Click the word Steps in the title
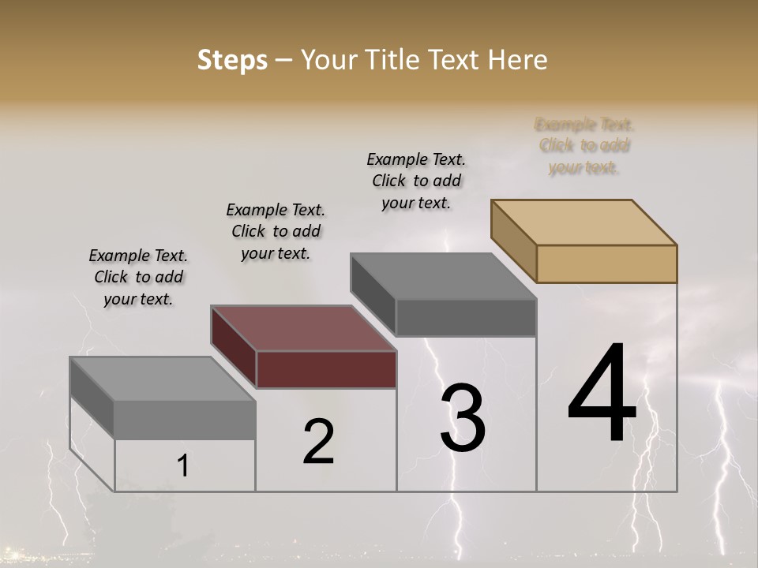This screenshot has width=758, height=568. click(232, 60)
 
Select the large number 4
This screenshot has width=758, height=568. click(602, 394)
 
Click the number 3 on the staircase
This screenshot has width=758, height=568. click(463, 417)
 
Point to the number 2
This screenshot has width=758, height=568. click(319, 442)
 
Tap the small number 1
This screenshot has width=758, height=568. click(182, 466)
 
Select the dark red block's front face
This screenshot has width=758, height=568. click(326, 369)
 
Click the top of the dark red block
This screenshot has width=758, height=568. click(303, 327)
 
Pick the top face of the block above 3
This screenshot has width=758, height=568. click(443, 276)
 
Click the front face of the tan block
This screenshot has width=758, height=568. click(606, 263)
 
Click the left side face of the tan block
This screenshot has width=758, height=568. click(513, 241)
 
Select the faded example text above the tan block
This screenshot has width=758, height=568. click(584, 146)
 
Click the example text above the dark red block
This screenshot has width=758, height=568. click(276, 231)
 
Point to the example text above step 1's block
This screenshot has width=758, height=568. click(138, 277)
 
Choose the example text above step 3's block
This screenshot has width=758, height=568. click(416, 181)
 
